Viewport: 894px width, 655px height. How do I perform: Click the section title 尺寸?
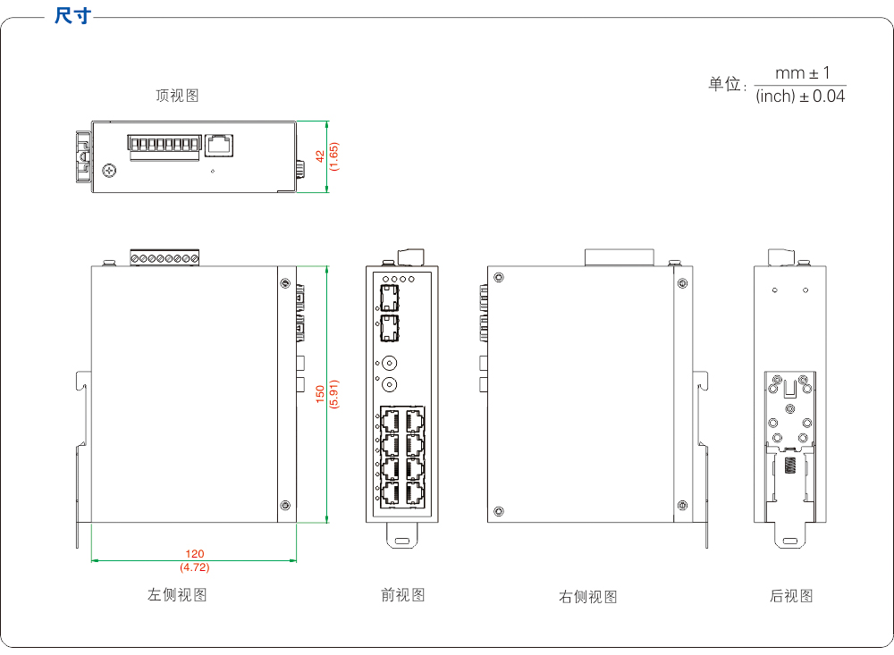(x=72, y=16)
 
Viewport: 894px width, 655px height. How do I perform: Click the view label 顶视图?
(x=177, y=96)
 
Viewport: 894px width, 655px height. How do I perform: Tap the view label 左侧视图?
(x=177, y=595)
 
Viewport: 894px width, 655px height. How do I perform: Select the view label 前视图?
(x=402, y=595)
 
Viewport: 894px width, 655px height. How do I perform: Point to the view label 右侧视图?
(x=587, y=597)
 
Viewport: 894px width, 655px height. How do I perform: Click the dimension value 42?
(x=320, y=156)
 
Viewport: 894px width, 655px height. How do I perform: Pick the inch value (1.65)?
(x=334, y=156)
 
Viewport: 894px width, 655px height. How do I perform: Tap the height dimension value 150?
(x=320, y=394)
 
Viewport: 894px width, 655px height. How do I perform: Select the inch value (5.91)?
(x=334, y=394)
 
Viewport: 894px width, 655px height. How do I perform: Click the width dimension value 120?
(x=194, y=555)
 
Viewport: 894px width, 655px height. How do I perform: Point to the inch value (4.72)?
(x=194, y=567)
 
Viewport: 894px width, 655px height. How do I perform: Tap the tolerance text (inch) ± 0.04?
(x=800, y=97)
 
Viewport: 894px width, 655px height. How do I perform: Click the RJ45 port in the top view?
(x=219, y=143)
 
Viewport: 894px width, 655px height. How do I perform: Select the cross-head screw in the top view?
(x=110, y=168)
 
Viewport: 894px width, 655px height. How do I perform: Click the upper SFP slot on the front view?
(x=390, y=298)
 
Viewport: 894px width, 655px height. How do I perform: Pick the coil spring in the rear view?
(x=791, y=466)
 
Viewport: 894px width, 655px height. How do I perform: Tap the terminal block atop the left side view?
(x=164, y=258)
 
